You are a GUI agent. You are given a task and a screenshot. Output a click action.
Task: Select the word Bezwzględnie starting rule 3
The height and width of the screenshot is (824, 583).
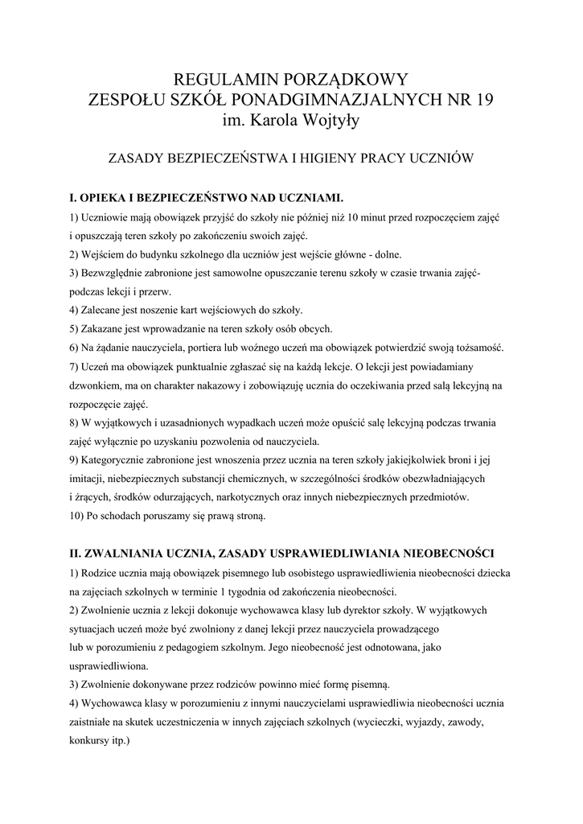[117, 273]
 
